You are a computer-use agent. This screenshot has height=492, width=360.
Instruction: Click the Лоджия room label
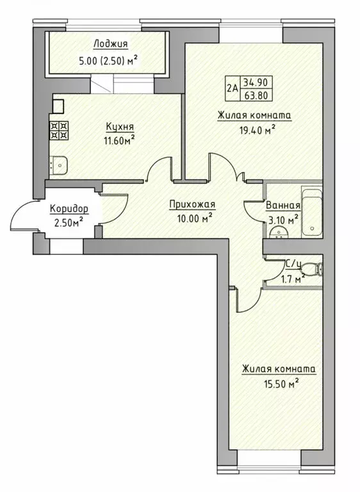tap(111, 44)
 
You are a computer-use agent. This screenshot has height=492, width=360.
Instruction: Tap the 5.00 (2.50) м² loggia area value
tap(109, 60)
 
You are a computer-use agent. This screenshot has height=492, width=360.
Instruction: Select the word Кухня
tap(120, 127)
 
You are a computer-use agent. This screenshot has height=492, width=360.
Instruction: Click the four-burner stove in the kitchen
tap(60, 130)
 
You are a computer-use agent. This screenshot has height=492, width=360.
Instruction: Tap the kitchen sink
tap(59, 165)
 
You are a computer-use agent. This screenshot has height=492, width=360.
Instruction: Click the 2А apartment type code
tap(233, 88)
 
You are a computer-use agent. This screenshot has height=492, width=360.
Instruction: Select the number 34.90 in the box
tap(256, 82)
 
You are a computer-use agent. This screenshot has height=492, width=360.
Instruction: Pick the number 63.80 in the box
tap(256, 94)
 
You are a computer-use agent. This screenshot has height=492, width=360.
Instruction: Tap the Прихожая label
tap(192, 204)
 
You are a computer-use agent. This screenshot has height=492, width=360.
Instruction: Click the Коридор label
tap(69, 209)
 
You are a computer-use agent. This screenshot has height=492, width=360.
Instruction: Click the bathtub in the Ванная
tap(312, 213)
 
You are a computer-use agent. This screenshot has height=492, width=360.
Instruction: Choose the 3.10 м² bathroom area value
tap(282, 220)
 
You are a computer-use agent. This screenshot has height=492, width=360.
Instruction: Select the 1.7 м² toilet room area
tap(290, 277)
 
